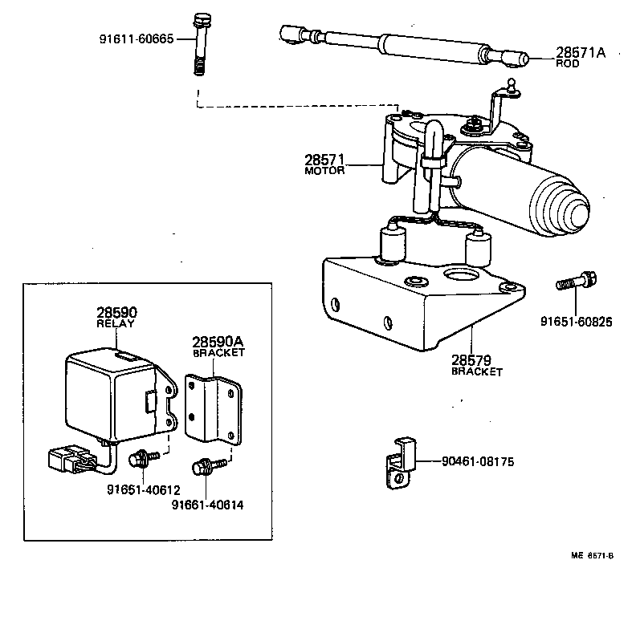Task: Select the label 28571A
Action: [580, 53]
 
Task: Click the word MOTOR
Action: [324, 171]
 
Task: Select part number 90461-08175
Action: [477, 461]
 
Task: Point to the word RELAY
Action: [116, 324]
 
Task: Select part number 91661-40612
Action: [143, 490]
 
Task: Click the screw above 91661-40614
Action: [202, 466]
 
